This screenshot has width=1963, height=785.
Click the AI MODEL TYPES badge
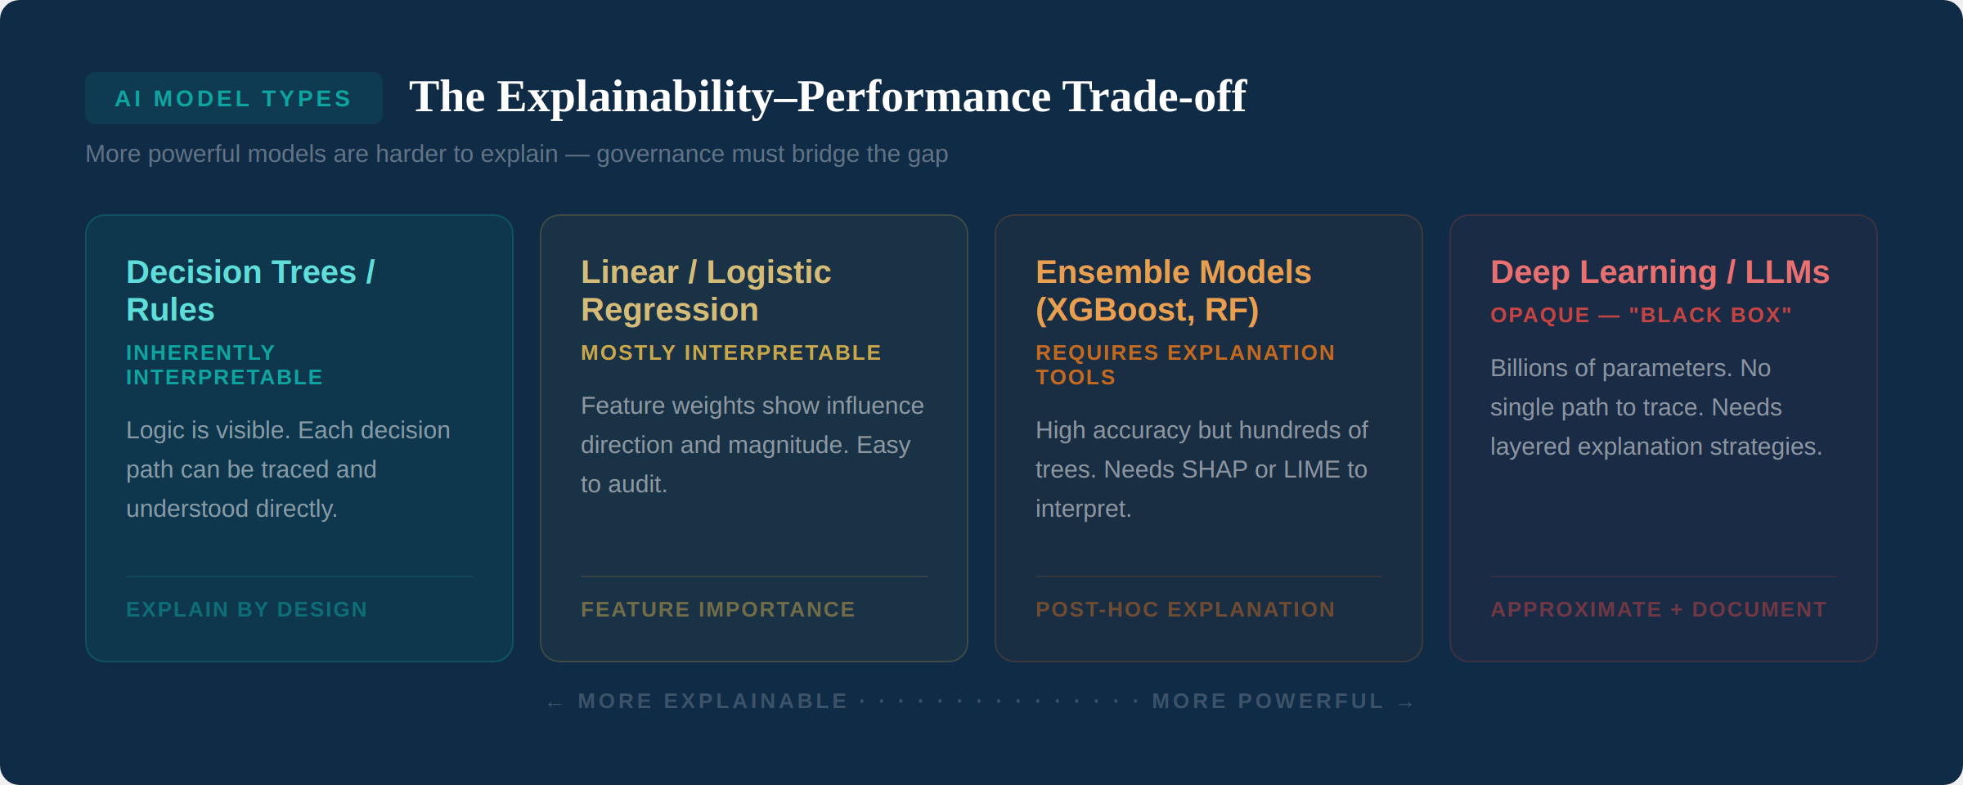(233, 99)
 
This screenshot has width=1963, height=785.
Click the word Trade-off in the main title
(1154, 96)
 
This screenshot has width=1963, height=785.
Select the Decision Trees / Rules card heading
(250, 290)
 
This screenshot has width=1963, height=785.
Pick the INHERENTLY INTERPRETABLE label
(224, 365)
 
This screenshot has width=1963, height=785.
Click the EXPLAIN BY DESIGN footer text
(247, 609)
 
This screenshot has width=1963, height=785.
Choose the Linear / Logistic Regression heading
(705, 290)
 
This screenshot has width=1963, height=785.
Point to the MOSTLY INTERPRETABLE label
(730, 352)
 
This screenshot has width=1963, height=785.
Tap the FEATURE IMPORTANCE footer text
(717, 609)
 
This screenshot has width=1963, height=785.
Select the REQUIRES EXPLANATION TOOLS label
(1184, 365)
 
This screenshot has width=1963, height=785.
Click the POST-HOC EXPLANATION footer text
(1184, 609)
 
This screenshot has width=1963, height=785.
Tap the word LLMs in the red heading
(1787, 272)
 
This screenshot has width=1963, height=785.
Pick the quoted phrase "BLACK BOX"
(1709, 315)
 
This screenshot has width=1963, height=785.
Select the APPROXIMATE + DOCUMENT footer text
(1658, 609)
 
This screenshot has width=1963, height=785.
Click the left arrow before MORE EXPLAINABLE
(555, 703)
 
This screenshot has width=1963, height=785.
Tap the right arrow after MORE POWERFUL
(1406, 703)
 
